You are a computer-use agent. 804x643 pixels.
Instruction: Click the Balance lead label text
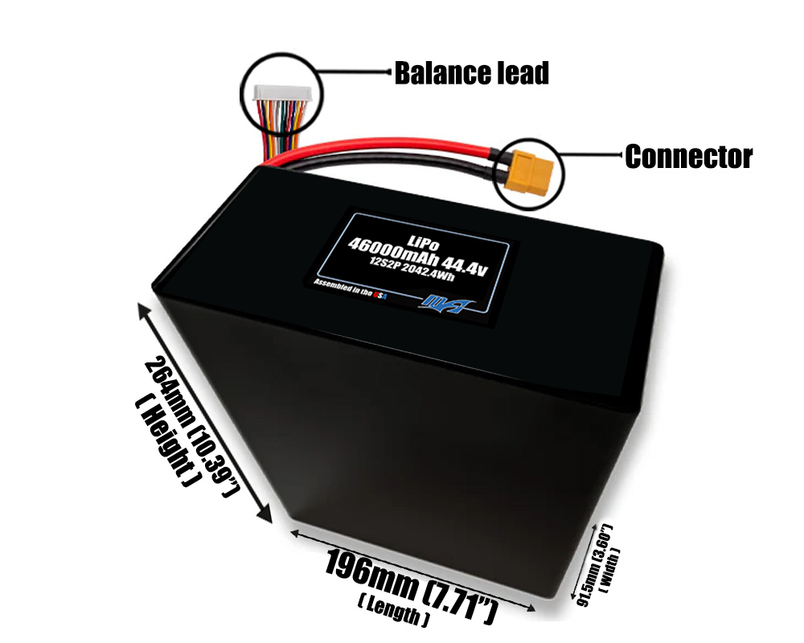click(471, 74)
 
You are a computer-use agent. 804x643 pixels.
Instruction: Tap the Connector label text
click(688, 157)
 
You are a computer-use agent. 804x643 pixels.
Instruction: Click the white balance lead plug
click(276, 93)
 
